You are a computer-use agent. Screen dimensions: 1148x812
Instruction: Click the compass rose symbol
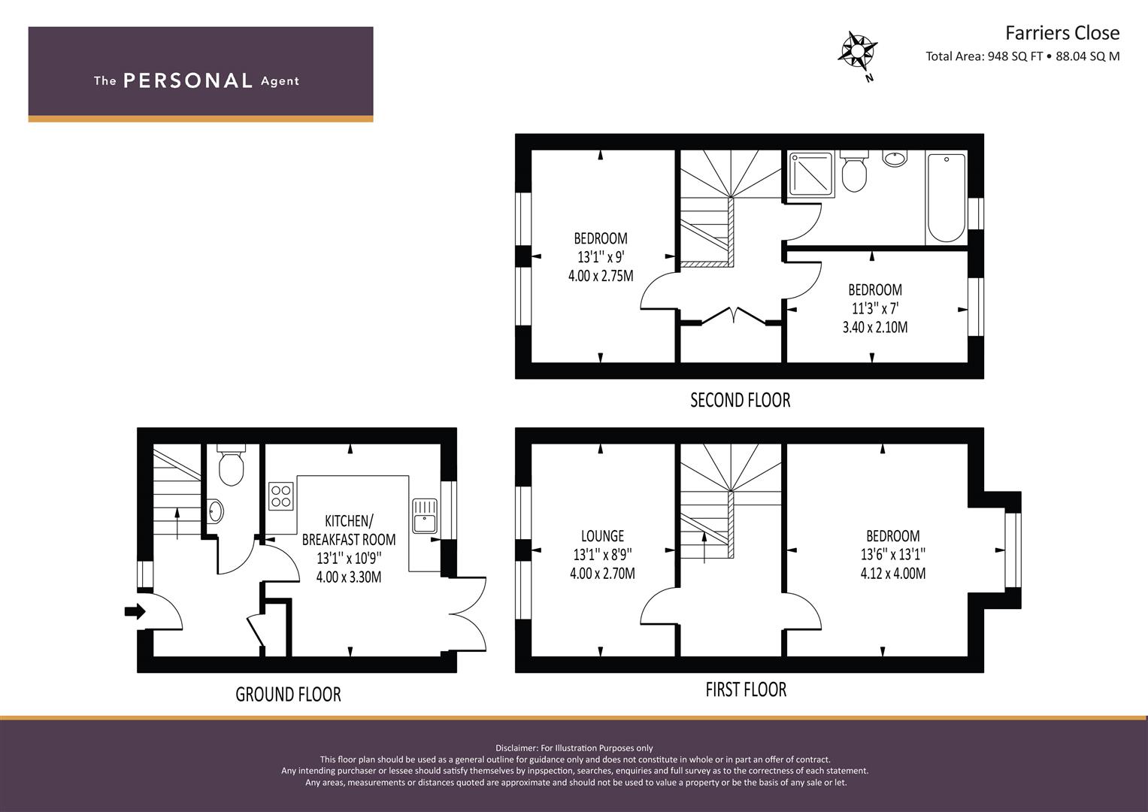click(x=857, y=51)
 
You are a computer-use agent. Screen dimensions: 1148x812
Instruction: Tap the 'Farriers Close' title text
click(x=1062, y=33)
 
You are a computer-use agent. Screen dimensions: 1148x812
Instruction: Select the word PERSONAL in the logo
click(x=188, y=80)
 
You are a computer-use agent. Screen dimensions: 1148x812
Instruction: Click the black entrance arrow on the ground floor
click(x=135, y=611)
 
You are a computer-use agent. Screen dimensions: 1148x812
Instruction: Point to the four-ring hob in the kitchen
click(x=281, y=495)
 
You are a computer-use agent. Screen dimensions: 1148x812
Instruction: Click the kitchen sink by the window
click(x=425, y=516)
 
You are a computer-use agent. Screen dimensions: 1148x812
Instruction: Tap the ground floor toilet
click(x=231, y=465)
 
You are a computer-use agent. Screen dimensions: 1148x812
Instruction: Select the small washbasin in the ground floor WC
click(x=215, y=511)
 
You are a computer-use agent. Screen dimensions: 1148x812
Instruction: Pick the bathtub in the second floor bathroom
click(x=947, y=197)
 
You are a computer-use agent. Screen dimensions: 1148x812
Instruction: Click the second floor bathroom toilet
click(x=854, y=171)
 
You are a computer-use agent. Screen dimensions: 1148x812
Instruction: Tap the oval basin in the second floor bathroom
click(x=895, y=159)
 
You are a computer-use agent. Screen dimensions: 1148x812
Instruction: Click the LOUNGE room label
click(x=602, y=536)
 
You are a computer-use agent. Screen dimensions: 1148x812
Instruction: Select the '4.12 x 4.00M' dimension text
click(x=893, y=573)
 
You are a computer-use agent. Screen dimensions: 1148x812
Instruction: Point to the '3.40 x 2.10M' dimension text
click(x=875, y=327)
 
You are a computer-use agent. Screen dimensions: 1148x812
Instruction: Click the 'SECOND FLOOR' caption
click(x=740, y=400)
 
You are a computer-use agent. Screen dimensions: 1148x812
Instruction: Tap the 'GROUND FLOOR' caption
click(x=288, y=694)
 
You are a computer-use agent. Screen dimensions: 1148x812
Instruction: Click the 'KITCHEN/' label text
click(x=349, y=521)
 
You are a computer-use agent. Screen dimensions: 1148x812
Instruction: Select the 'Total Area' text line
click(x=1022, y=56)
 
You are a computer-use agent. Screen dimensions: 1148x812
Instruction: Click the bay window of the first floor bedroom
click(x=1013, y=550)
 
